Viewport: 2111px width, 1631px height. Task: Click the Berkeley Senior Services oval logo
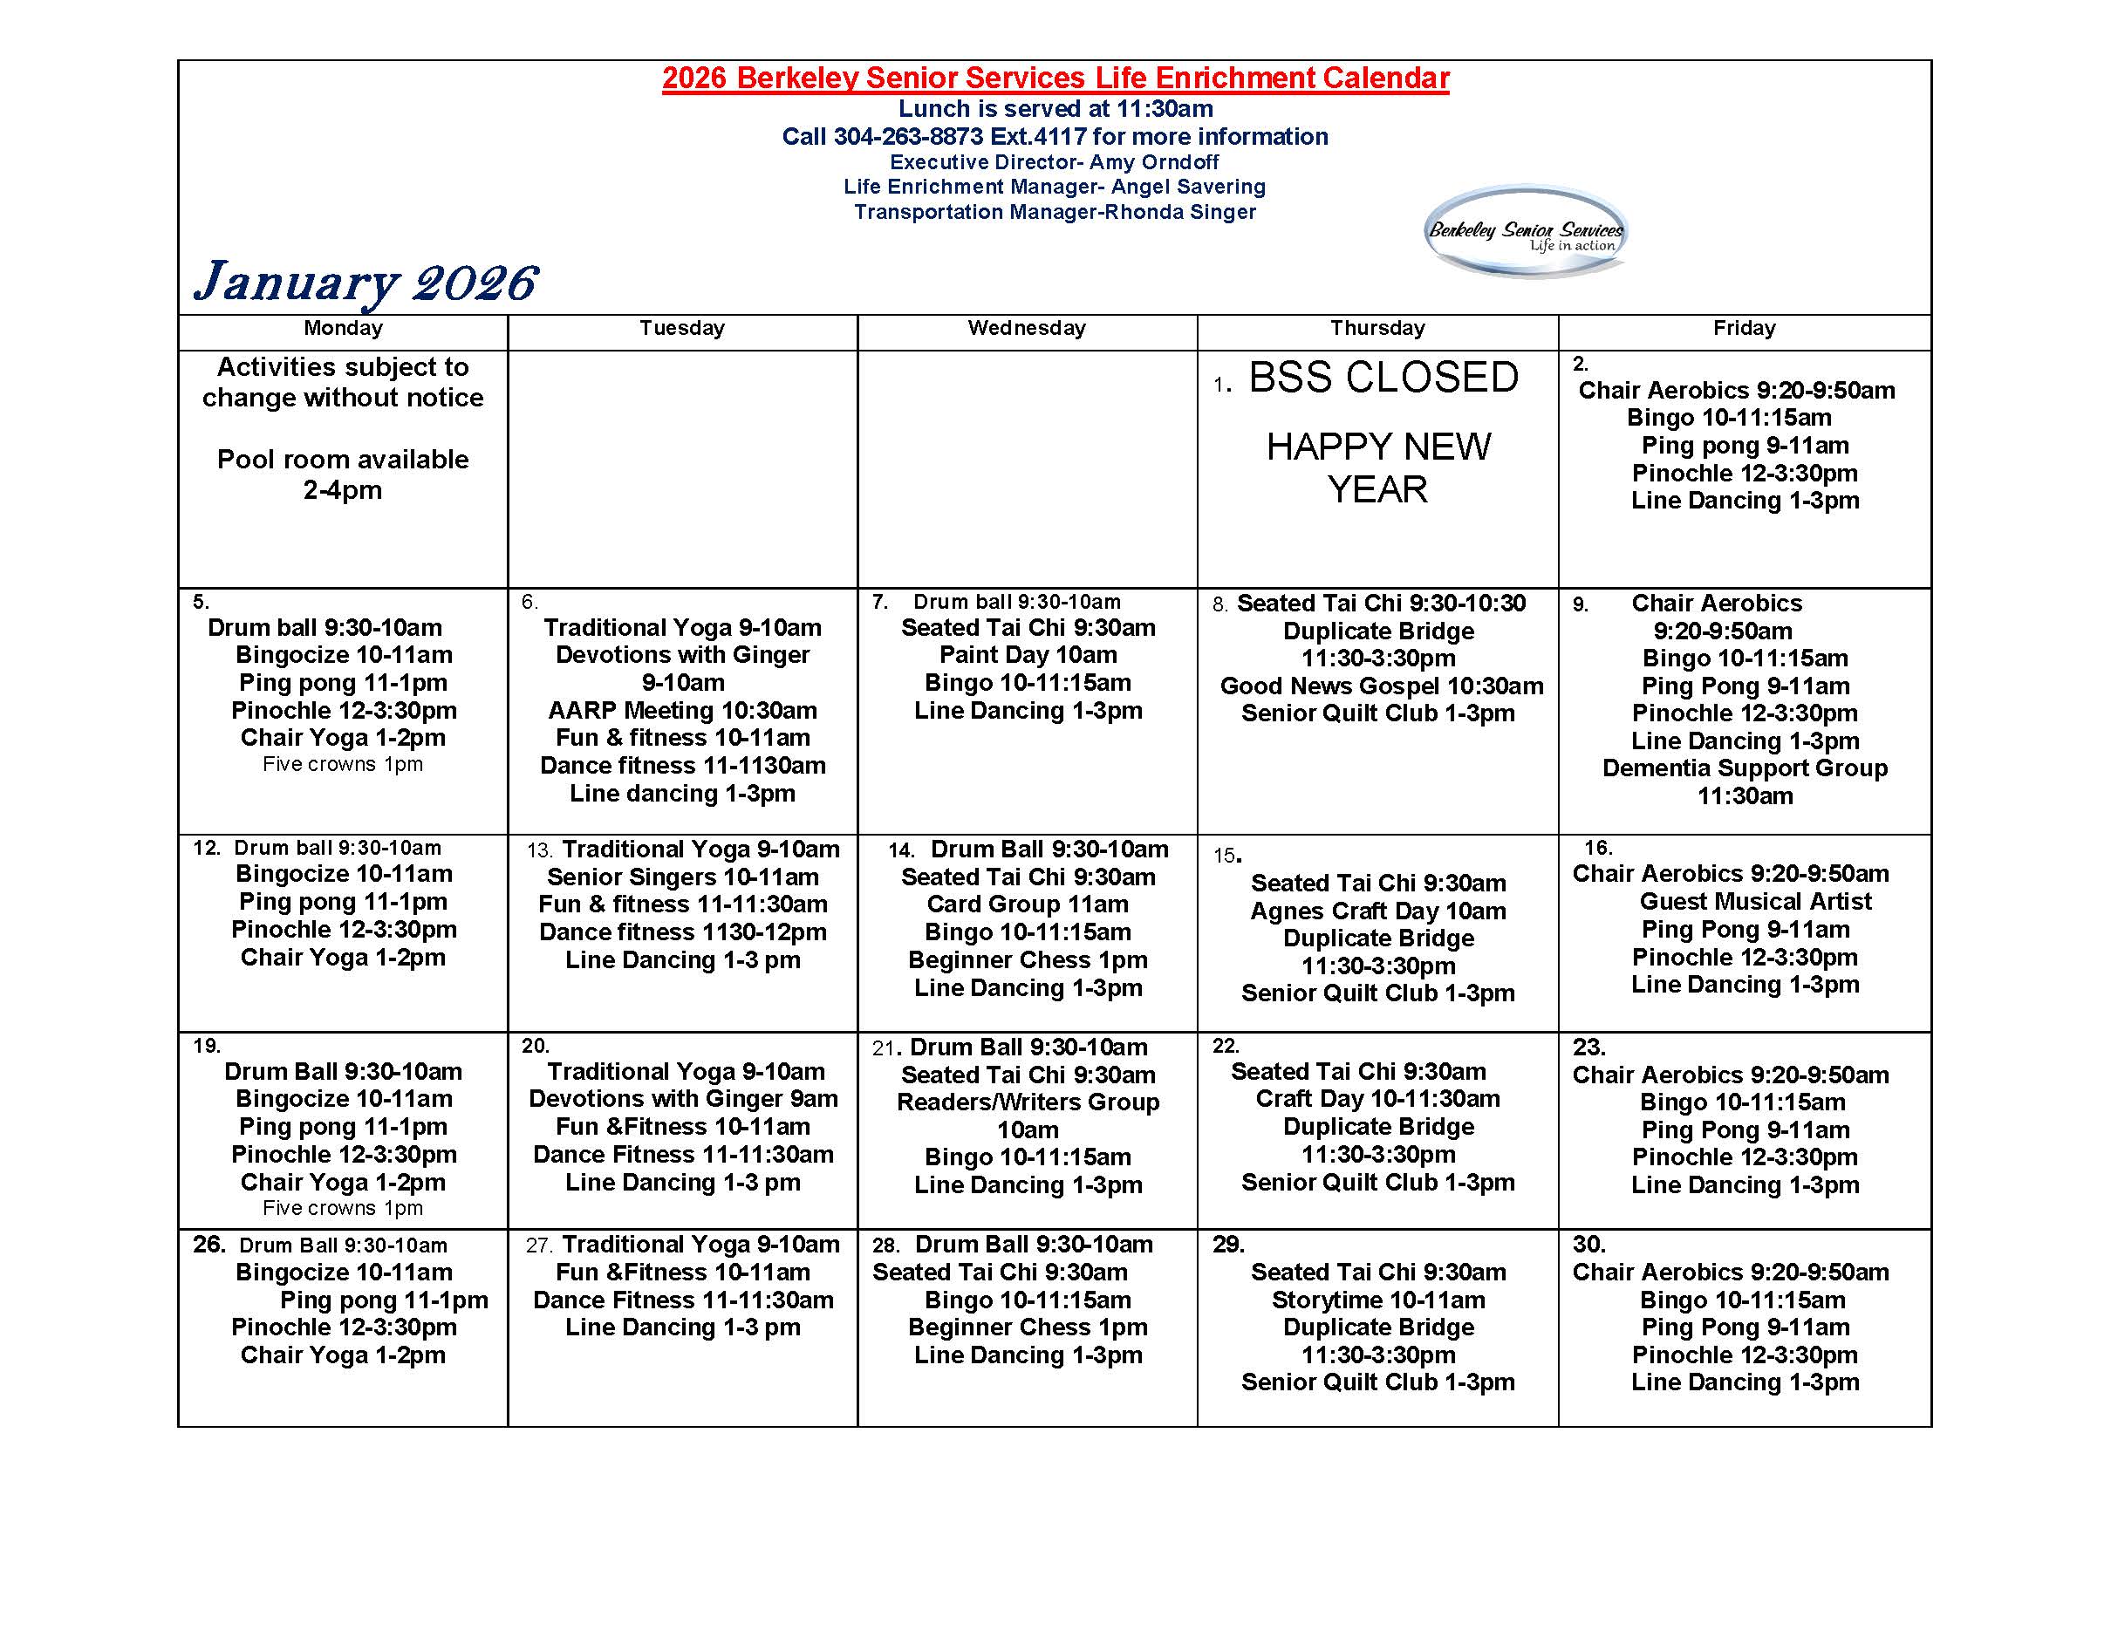[x=1526, y=232]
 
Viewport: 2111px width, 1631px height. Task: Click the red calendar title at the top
[x=1055, y=78]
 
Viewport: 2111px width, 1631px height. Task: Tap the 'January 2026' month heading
[x=365, y=282]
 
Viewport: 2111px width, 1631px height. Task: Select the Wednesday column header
[x=1027, y=329]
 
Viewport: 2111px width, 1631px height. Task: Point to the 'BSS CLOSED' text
[x=1383, y=378]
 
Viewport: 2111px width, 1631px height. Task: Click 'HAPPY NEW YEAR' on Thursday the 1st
[x=1377, y=467]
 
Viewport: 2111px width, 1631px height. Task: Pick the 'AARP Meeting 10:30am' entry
[x=682, y=710]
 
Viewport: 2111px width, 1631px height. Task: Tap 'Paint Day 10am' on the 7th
[x=1028, y=655]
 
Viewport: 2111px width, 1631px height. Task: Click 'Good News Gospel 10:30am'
[x=1381, y=686]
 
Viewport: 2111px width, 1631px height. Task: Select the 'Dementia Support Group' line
[x=1744, y=768]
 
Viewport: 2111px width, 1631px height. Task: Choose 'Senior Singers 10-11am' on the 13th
[x=682, y=877]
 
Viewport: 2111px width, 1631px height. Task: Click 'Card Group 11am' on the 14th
[x=1028, y=904]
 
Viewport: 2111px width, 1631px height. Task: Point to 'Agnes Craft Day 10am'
[x=1377, y=911]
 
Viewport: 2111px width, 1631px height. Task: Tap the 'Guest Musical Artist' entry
[x=1754, y=902]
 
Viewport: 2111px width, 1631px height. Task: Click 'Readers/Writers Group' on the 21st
[x=1028, y=1102]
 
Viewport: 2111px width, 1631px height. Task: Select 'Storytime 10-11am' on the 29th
[x=1377, y=1300]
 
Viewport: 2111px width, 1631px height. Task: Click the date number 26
[x=208, y=1245]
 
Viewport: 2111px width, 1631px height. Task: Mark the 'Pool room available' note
[x=342, y=460]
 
